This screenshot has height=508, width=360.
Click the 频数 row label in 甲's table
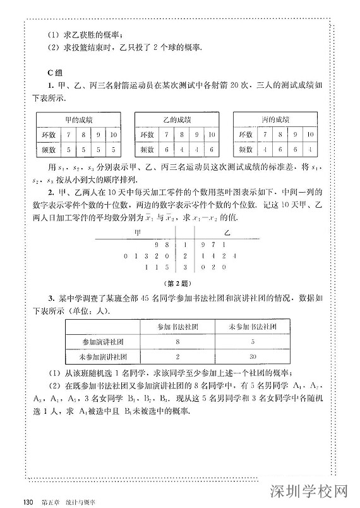pyautogui.click(x=49, y=150)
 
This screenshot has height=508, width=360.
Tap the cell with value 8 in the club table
pyautogui.click(x=178, y=342)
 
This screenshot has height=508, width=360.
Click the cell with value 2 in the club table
pyautogui.click(x=178, y=356)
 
